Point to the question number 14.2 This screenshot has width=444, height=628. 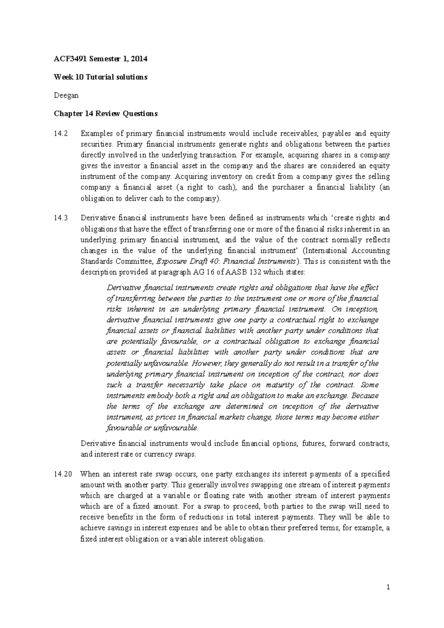[x=61, y=133]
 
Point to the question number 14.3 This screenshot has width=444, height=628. [x=61, y=218]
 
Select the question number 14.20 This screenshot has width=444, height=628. [x=63, y=474]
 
